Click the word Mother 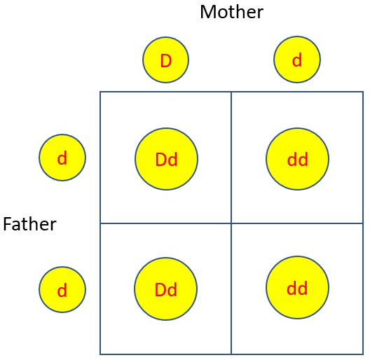[x=231, y=12]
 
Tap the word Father [x=29, y=224]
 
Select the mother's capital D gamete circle [x=165, y=60]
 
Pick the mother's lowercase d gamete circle [x=297, y=60]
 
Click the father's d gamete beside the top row [x=62, y=158]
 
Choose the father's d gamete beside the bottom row [x=62, y=290]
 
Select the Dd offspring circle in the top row [x=166, y=159]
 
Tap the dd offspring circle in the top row [x=297, y=159]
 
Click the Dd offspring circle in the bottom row [x=165, y=289]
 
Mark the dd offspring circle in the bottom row [x=297, y=288]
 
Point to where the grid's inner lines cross [x=231, y=223]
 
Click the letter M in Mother [x=207, y=13]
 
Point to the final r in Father [x=53, y=226]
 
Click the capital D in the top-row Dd [x=160, y=160]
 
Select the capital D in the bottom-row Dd [x=160, y=290]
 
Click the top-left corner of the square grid [x=100, y=92]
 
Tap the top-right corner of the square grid [x=363, y=92]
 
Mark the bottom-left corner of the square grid [x=100, y=354]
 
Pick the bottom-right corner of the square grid [x=363, y=354]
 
